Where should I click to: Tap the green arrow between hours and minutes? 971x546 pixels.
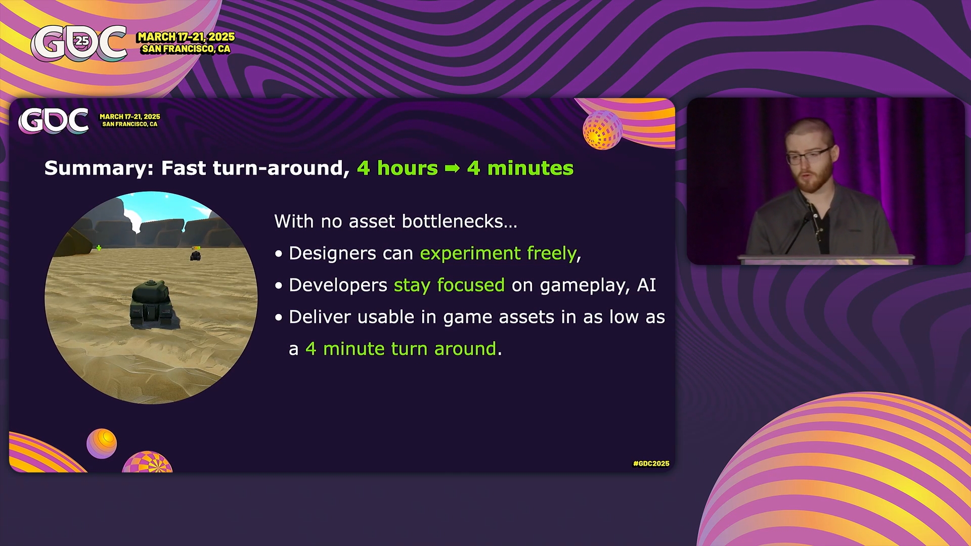click(452, 168)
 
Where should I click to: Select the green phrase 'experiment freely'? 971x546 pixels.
click(498, 253)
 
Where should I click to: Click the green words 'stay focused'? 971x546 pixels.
click(449, 285)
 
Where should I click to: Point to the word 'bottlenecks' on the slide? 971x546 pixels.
click(460, 221)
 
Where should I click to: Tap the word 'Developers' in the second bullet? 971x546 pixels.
click(338, 285)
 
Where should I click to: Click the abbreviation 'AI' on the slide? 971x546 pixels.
click(646, 285)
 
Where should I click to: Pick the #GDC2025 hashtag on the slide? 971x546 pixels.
click(651, 464)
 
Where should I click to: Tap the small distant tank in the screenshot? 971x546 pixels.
click(195, 255)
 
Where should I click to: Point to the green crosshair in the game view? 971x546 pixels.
click(99, 248)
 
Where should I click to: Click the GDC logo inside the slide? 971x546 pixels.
click(54, 121)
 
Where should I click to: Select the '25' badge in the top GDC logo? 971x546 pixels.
click(81, 41)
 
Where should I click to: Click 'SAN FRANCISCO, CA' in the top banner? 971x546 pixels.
click(186, 49)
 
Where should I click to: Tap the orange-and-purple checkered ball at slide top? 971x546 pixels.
click(602, 130)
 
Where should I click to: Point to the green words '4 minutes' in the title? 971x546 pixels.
click(520, 168)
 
